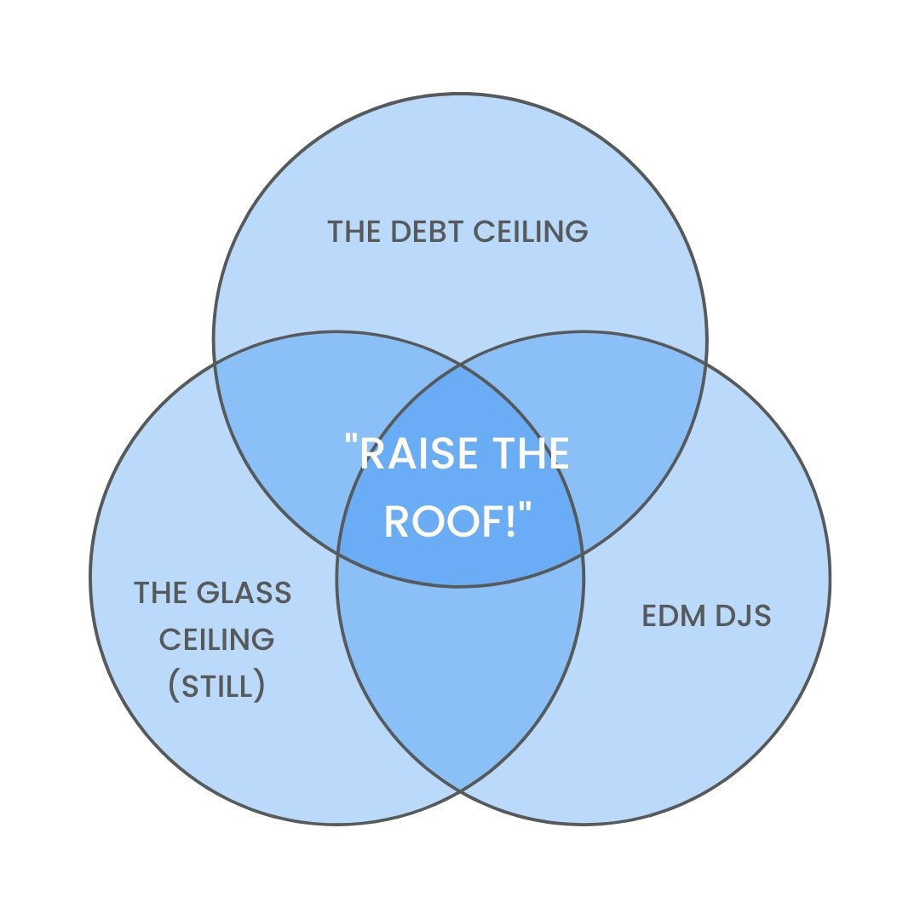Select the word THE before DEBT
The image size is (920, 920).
(356, 232)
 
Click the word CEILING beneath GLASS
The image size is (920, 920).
(217, 638)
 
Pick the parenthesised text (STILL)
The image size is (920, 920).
(217, 686)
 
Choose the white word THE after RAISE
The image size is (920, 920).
(532, 452)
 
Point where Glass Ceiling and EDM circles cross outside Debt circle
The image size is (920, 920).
(460, 791)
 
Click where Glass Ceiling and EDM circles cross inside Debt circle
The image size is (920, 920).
(460, 365)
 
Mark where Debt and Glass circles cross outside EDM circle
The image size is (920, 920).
(214, 364)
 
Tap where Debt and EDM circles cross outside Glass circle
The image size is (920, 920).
(706, 364)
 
